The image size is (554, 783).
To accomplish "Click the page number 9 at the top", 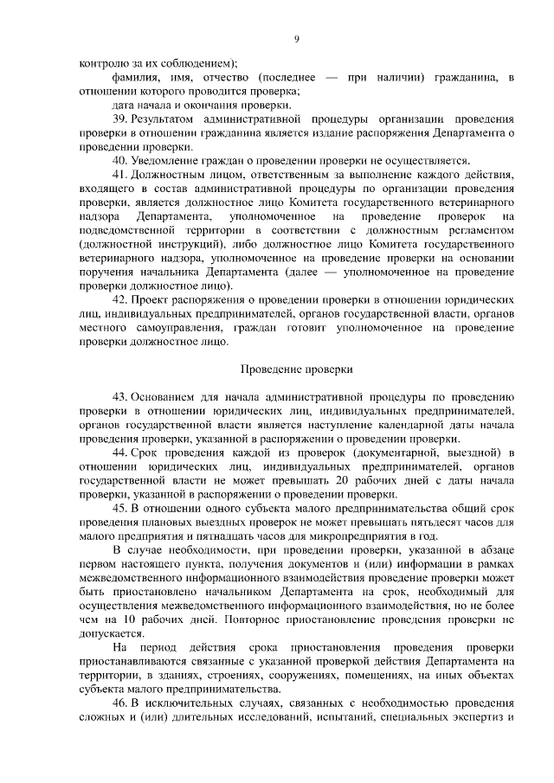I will (296, 39).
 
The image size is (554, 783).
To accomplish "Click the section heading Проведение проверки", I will (296, 369).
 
